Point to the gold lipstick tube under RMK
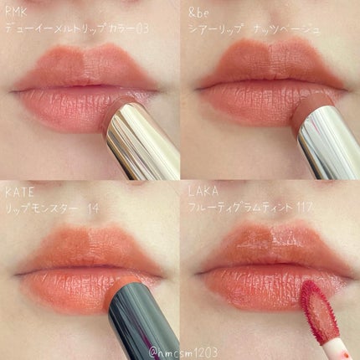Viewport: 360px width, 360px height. [x=147, y=142]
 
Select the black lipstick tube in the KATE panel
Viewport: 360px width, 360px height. [x=147, y=322]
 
